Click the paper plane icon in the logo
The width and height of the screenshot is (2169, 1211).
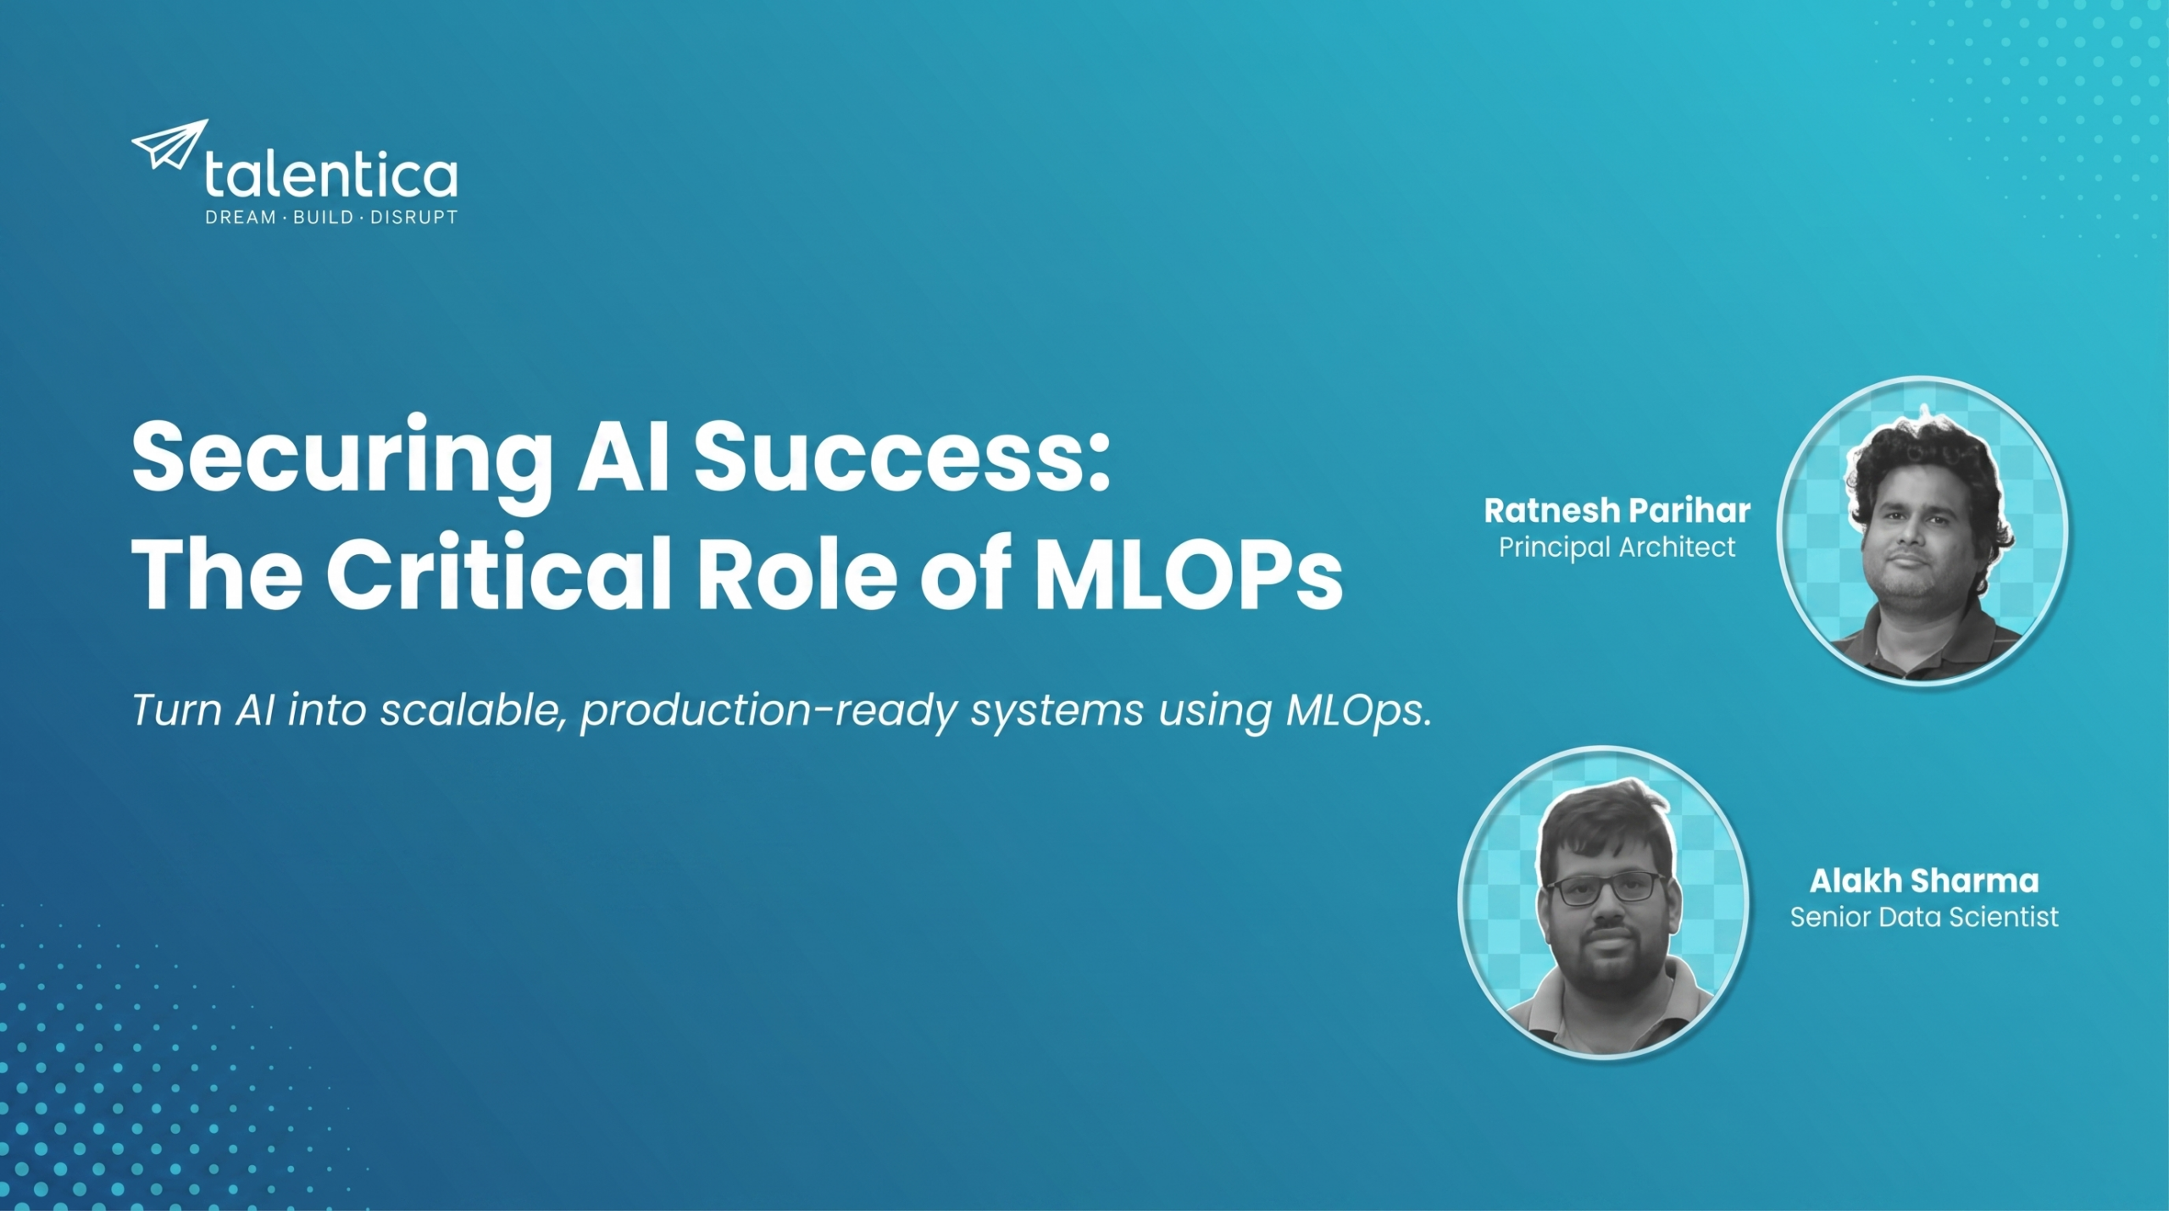click(169, 144)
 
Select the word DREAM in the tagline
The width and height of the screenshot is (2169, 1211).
click(241, 218)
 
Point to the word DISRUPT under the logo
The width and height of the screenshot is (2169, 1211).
click(414, 218)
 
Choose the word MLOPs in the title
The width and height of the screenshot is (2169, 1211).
click(1189, 573)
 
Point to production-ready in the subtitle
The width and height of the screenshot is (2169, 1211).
click(768, 713)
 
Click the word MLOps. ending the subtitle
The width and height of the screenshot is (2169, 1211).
click(1359, 711)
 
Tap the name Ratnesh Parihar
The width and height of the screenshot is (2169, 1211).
click(1617, 511)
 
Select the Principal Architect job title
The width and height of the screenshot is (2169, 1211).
click(1617, 548)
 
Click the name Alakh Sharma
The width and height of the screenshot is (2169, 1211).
click(1924, 881)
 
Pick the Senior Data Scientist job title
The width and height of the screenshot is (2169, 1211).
click(1924, 918)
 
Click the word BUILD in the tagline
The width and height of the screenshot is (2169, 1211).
click(323, 218)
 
